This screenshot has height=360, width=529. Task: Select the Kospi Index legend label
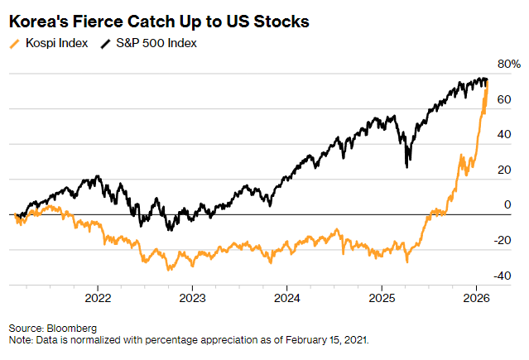click(x=56, y=43)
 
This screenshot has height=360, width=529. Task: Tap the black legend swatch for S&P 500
click(x=107, y=43)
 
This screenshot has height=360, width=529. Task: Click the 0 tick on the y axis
click(x=508, y=205)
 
